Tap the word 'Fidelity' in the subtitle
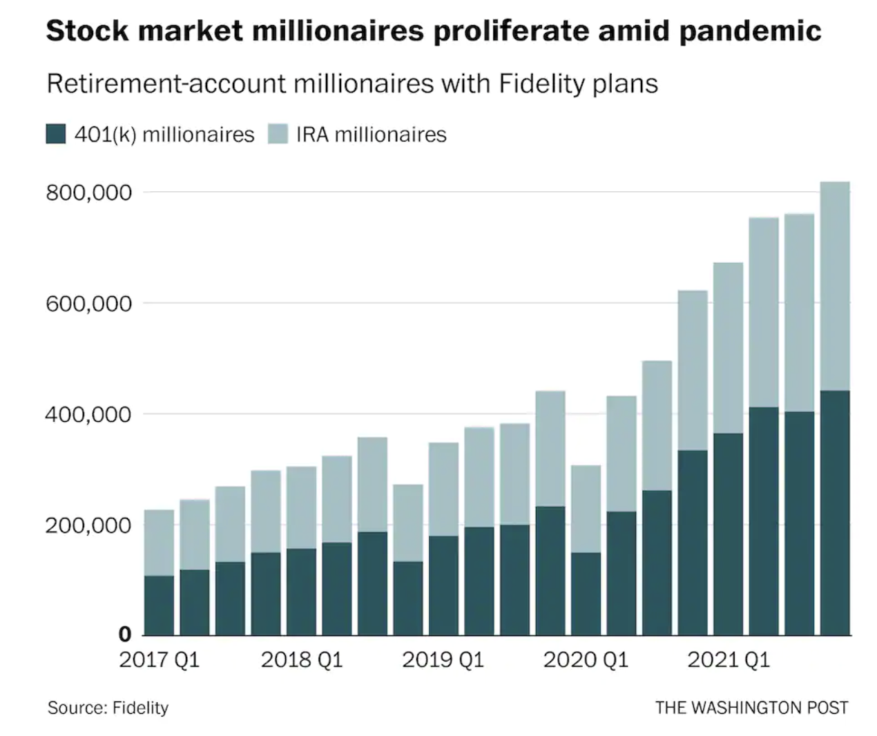(x=542, y=84)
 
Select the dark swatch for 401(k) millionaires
(x=56, y=134)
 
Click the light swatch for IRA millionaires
(x=278, y=134)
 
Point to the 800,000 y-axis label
(x=89, y=193)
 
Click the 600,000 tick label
(x=89, y=304)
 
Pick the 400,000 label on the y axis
(x=89, y=414)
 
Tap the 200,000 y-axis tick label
(x=89, y=525)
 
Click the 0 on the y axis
(x=124, y=633)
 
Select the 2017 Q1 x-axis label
(x=159, y=660)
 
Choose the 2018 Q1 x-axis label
(x=302, y=660)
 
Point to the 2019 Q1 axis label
(x=443, y=660)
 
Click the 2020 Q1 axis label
(x=586, y=660)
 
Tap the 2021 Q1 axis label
(x=728, y=660)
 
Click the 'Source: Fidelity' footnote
(x=108, y=708)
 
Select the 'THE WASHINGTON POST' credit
(x=751, y=708)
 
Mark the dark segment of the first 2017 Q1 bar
(x=159, y=605)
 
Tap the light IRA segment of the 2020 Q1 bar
(x=586, y=509)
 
